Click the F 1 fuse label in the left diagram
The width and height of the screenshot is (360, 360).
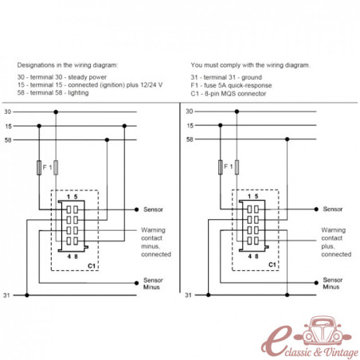pyautogui.click(x=47, y=167)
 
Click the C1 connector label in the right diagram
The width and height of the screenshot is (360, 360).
pyautogui.click(x=272, y=264)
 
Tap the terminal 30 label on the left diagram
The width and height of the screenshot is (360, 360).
pyautogui.click(x=8, y=112)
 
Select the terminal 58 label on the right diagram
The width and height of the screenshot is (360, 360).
pyautogui.click(x=190, y=139)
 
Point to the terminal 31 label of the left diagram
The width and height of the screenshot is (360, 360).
pyautogui.click(x=6, y=295)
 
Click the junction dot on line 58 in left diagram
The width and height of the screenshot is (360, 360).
pyautogui.click(x=107, y=139)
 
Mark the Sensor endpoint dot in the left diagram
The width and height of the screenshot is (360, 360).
pyautogui.click(x=136, y=209)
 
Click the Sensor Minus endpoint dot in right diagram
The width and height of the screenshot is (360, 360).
pyautogui.click(x=316, y=283)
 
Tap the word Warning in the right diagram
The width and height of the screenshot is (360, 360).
pyautogui.click(x=334, y=230)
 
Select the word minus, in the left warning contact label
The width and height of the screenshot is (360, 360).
pyautogui.click(x=151, y=246)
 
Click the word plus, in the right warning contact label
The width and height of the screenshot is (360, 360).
pyautogui.click(x=327, y=246)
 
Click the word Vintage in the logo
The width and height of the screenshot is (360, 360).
pyautogui.click(x=341, y=353)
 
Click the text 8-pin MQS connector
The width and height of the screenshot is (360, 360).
pyautogui.click(x=235, y=93)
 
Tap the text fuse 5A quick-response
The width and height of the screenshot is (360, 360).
pyautogui.click(x=238, y=85)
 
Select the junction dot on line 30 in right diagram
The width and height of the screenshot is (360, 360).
pyautogui.click(x=237, y=112)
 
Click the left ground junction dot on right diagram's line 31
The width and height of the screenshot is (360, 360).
pyautogui.click(x=209, y=295)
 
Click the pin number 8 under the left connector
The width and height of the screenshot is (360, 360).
pyautogui.click(x=76, y=256)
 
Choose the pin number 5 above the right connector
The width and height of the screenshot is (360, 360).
pyautogui.click(x=256, y=196)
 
